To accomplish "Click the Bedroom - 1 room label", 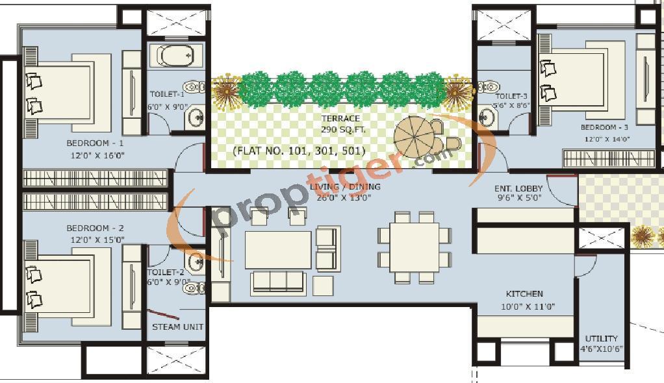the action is click(x=95, y=143).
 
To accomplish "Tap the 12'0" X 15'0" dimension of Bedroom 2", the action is click(x=97, y=240).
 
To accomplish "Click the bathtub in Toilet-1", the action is click(x=175, y=55).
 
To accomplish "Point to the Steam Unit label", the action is click(x=178, y=327).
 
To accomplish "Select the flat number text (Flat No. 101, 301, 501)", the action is click(x=299, y=151).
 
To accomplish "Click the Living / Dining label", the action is click(x=345, y=187).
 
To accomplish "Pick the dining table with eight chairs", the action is click(x=415, y=247).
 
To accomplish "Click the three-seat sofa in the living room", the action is click(x=278, y=282).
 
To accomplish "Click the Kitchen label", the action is click(x=524, y=293).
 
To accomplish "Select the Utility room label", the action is click(x=602, y=339).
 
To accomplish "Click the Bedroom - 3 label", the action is click(x=604, y=127).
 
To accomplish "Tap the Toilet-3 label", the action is click(x=511, y=97).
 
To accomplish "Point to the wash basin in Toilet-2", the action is click(x=195, y=263).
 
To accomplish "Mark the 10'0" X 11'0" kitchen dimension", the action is click(x=528, y=307).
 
